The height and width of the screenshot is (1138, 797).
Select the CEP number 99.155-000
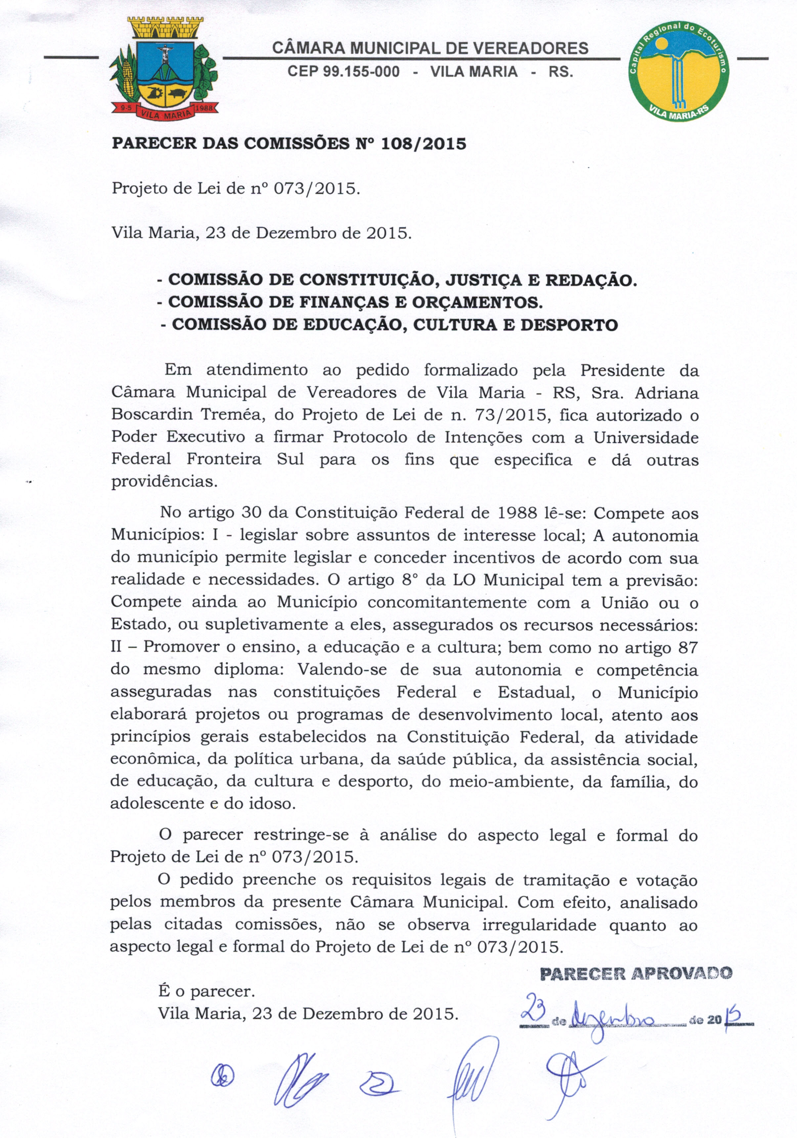pyautogui.click(x=343, y=72)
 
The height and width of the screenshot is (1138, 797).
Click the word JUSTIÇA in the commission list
pyautogui.click(x=485, y=280)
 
